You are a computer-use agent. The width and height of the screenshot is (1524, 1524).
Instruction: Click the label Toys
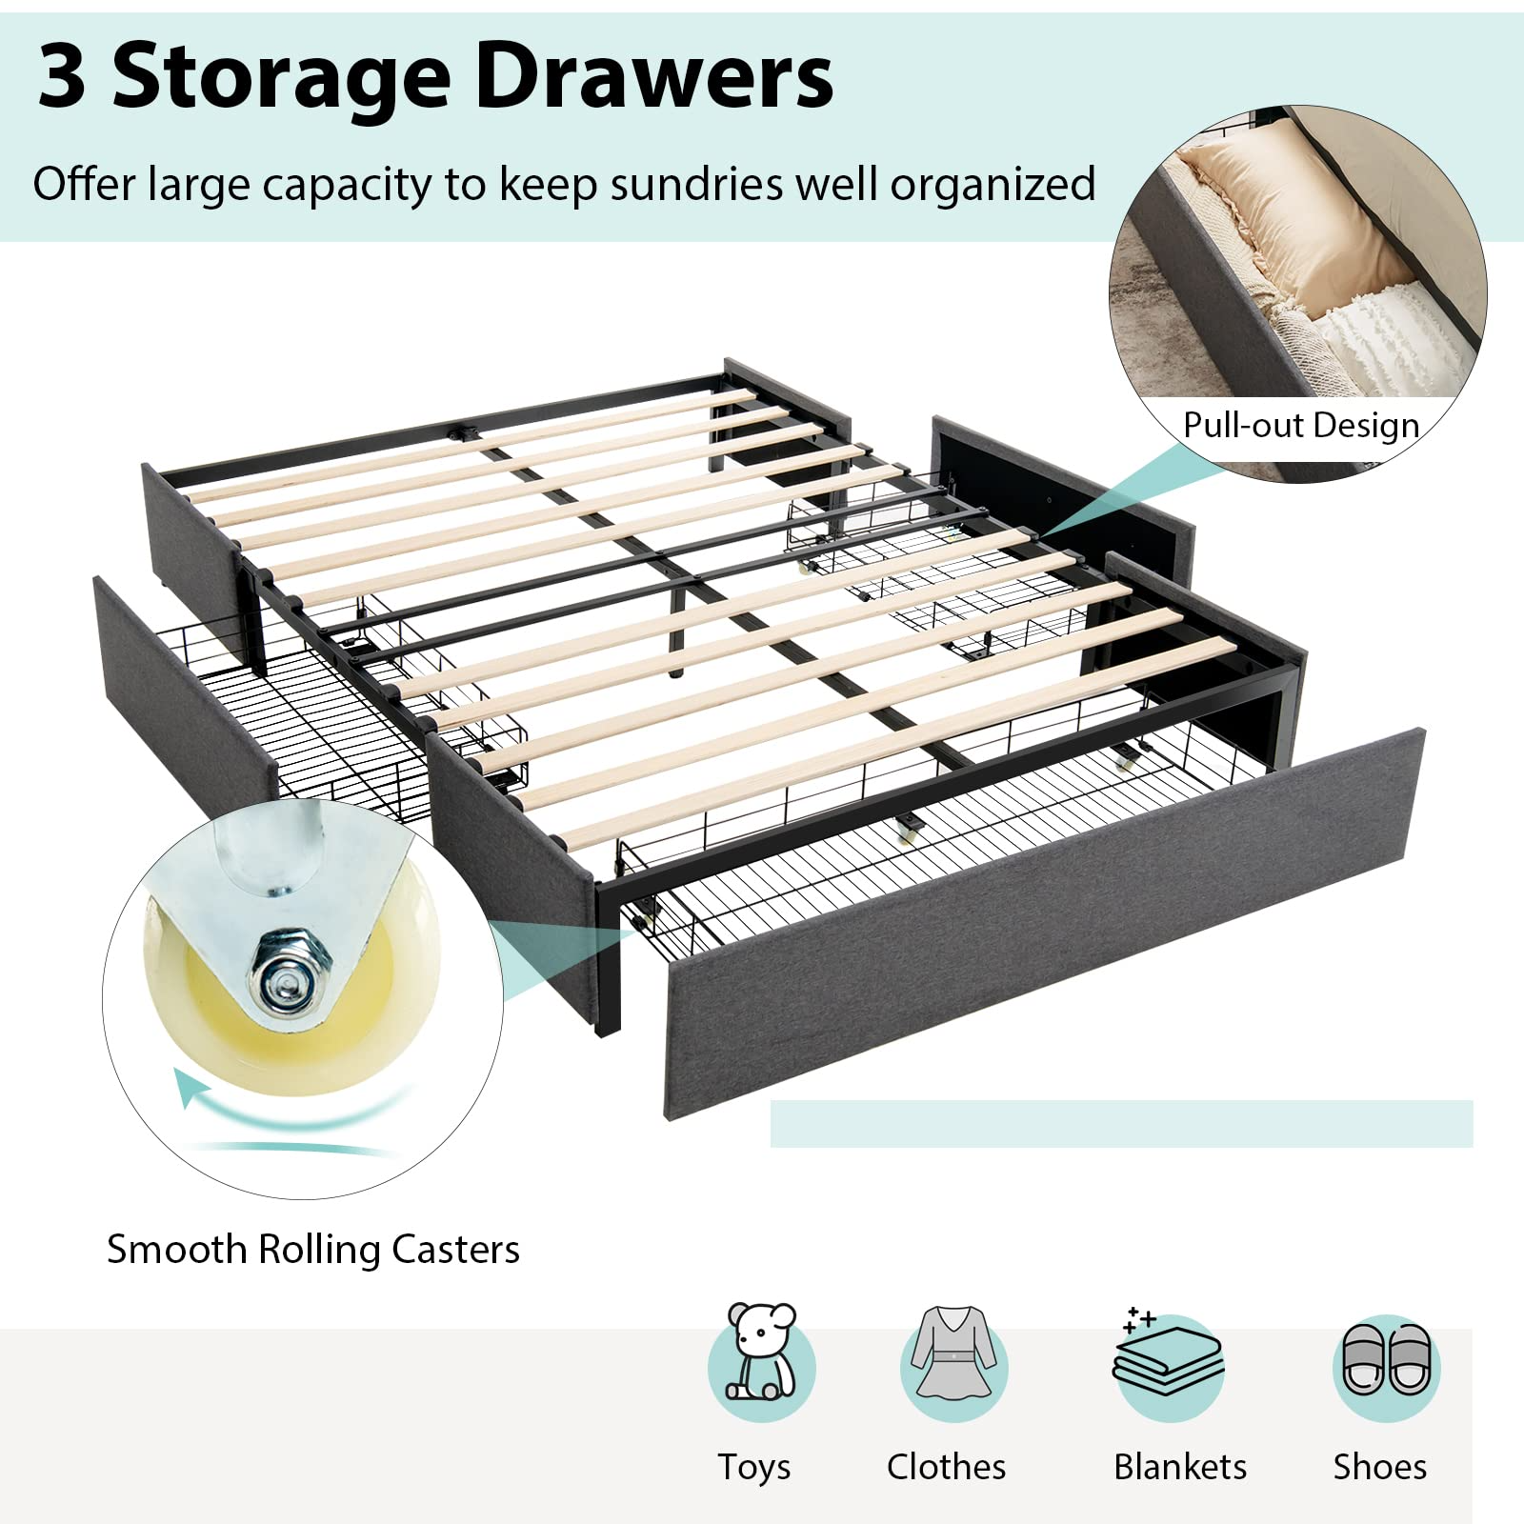pos(754,1467)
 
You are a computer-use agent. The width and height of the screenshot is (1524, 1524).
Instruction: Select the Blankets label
pos(1180,1467)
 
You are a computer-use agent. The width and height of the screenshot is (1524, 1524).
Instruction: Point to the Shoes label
pos(1379,1467)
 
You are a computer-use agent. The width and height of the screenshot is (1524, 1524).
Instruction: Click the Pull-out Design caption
pos(1301,425)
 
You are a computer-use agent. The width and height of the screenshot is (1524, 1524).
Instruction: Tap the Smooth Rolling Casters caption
pos(313,1249)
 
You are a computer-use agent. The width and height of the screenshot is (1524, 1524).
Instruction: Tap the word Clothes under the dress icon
pos(946,1467)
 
